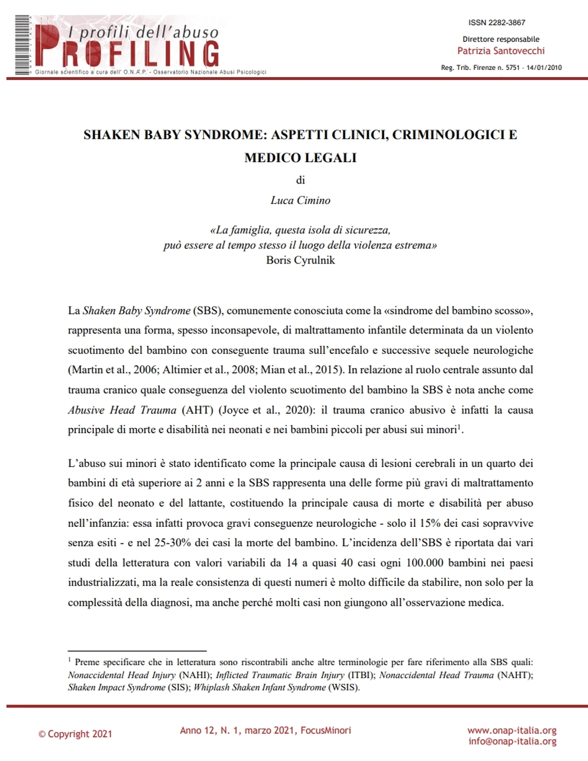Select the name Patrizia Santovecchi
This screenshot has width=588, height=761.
(x=501, y=51)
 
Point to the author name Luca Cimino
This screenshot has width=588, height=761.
(x=300, y=201)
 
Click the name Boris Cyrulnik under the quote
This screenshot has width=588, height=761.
(x=300, y=260)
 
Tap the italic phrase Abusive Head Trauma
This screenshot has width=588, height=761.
(x=122, y=410)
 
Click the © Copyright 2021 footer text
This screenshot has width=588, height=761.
(x=75, y=734)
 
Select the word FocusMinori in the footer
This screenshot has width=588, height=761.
(x=326, y=730)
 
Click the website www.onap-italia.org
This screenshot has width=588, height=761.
(x=512, y=730)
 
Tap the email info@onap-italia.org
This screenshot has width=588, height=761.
(x=512, y=741)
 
